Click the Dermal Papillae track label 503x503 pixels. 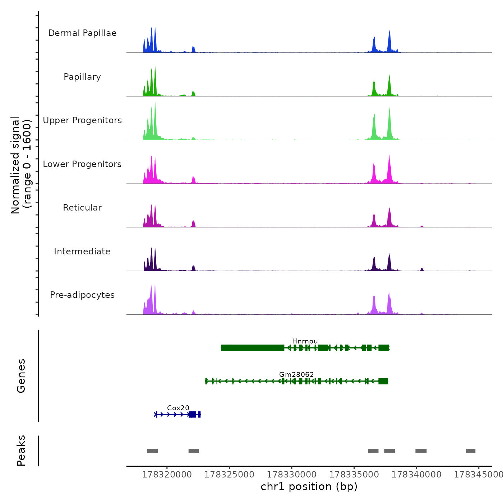[x=82, y=33]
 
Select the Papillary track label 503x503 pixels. [x=82, y=77]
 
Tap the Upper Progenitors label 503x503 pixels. [x=82, y=120]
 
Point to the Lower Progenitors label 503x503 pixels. [x=82, y=164]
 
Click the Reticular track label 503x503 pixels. [x=82, y=208]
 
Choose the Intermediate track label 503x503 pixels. [x=82, y=251]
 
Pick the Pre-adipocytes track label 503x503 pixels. [x=82, y=295]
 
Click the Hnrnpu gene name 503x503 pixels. [x=305, y=341]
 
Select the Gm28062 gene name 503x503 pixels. [x=296, y=374]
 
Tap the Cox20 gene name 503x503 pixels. [x=178, y=408]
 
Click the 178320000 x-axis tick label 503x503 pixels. [x=167, y=475]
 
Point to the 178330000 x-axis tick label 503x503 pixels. [x=292, y=475]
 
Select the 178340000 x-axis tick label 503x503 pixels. [x=416, y=475]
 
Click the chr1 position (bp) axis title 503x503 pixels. [x=309, y=487]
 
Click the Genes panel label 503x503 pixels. [x=21, y=376]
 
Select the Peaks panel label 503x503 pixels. [x=21, y=451]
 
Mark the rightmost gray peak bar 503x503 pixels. [x=471, y=451]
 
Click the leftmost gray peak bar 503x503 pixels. [x=152, y=451]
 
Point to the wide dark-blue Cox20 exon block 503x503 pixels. [x=193, y=415]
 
